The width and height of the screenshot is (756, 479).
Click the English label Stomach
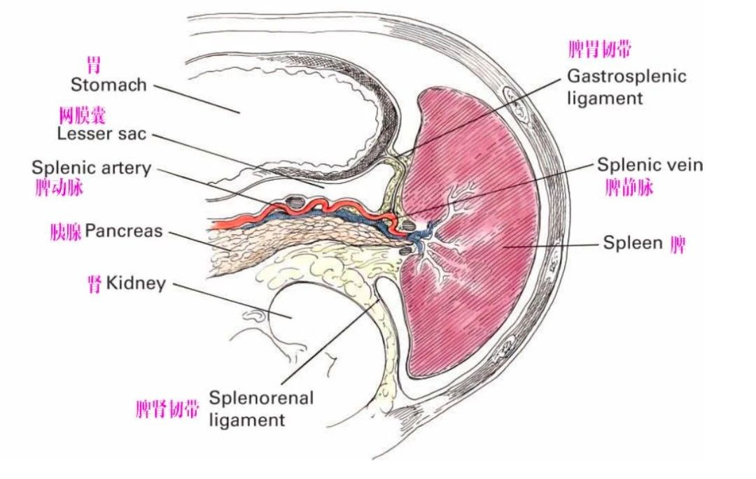[x=108, y=85]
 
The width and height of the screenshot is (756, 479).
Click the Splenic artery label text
[x=91, y=168]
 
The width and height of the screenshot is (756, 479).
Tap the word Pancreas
[x=124, y=231]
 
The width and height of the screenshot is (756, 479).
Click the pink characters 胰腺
[x=66, y=231]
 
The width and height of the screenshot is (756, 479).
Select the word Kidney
[x=136, y=283]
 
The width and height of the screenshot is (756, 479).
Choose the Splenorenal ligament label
[x=260, y=408]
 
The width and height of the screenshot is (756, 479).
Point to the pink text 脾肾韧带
[x=167, y=409]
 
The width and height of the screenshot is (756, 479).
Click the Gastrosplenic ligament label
[x=626, y=86]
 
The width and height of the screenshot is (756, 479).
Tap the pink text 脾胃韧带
[x=601, y=50]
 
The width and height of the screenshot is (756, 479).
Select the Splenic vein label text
[x=649, y=165]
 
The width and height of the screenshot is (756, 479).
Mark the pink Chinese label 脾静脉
[x=629, y=187]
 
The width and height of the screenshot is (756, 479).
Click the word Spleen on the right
[x=632, y=243]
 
